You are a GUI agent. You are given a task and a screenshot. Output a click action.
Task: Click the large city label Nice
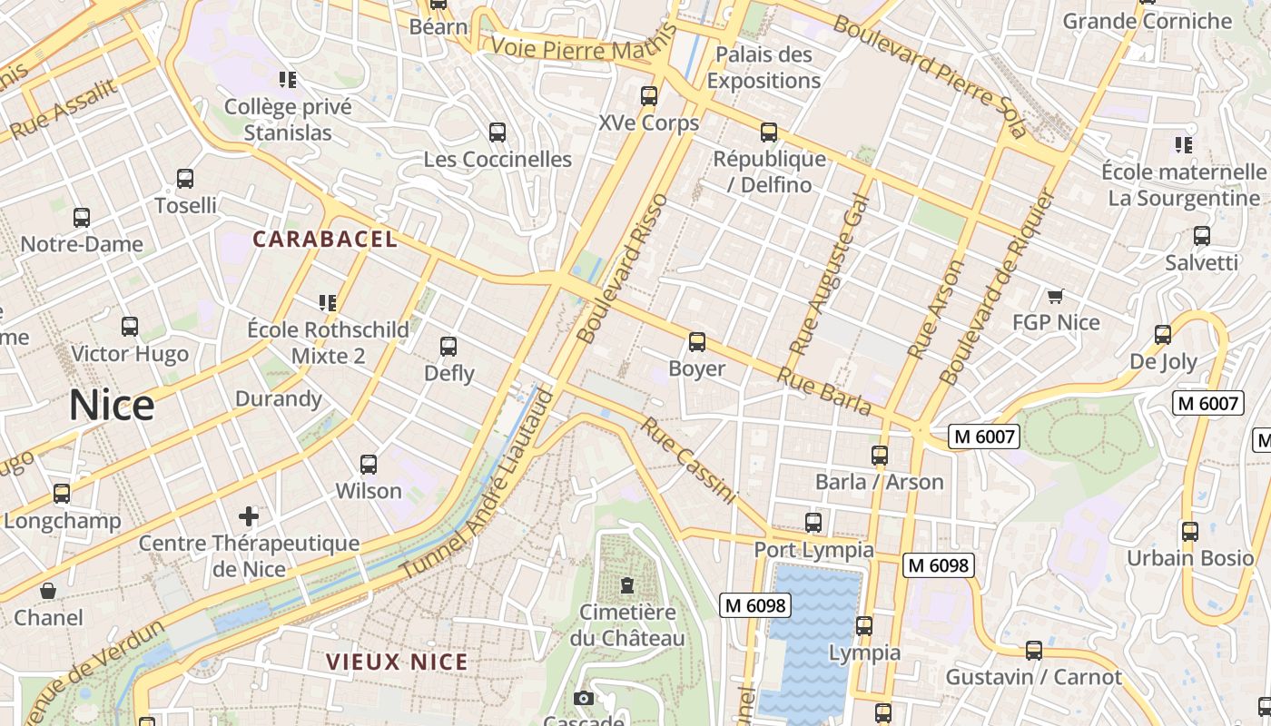click(x=112, y=405)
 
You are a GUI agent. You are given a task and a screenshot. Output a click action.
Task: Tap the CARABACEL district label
click(x=325, y=240)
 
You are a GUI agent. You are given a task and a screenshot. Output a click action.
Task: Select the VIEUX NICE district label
click(x=397, y=662)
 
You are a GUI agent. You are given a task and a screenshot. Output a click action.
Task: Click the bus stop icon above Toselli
click(x=185, y=179)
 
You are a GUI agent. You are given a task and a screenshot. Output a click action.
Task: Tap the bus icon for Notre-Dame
click(x=82, y=218)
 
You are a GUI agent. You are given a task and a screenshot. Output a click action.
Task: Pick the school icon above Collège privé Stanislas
click(x=288, y=80)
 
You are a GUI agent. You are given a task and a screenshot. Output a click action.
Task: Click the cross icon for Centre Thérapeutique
click(x=249, y=517)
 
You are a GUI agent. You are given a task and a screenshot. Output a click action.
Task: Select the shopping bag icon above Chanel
click(x=48, y=592)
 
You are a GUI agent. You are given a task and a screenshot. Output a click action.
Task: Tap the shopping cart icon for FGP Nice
click(x=1055, y=297)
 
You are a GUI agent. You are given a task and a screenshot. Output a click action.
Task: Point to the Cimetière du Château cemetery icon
click(x=626, y=584)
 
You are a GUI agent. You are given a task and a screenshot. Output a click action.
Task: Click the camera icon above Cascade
click(x=584, y=698)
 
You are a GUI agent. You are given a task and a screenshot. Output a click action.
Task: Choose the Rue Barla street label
click(x=824, y=390)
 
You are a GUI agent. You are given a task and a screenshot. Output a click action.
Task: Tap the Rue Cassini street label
click(x=688, y=460)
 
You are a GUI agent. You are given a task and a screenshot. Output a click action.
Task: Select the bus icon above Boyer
click(x=696, y=342)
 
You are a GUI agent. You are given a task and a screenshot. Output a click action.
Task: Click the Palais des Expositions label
click(x=764, y=68)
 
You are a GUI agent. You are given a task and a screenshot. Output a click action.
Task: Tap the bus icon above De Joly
click(x=1163, y=335)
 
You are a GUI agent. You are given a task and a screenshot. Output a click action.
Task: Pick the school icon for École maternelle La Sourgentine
click(x=1183, y=144)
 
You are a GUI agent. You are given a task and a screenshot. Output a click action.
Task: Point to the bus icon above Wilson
click(x=369, y=465)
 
